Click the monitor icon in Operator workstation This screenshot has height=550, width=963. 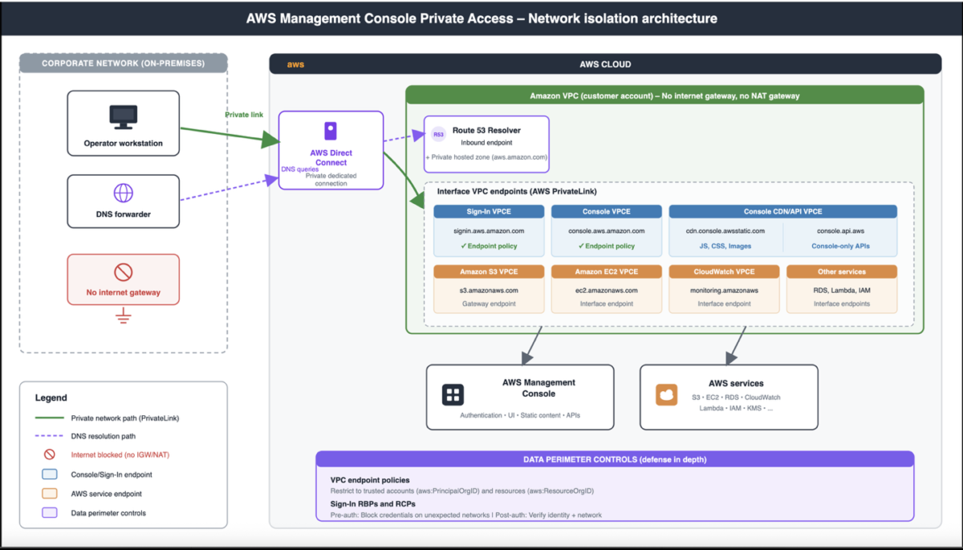point(124,117)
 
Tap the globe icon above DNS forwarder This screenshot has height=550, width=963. point(124,193)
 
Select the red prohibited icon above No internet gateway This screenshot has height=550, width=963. point(124,272)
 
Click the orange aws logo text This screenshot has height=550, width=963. point(295,64)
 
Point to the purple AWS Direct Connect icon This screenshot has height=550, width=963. point(331,131)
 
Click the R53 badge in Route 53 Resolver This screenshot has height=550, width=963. point(438,135)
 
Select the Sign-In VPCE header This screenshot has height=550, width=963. point(489,212)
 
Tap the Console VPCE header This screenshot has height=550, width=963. point(607,212)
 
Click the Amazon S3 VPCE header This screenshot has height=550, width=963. point(489,271)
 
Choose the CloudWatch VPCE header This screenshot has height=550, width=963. point(724,271)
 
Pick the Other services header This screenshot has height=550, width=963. point(842,271)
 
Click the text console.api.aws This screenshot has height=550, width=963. point(840,231)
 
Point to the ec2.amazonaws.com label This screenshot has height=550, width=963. point(607,291)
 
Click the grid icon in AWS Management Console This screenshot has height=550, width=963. point(453,395)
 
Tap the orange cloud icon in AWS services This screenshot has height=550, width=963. point(666,395)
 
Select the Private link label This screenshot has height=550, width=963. point(244,115)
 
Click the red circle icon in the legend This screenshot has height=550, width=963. point(50,454)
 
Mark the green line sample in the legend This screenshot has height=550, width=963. point(50,418)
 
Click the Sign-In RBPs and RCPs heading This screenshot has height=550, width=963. point(372,504)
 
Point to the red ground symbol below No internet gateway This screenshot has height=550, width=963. point(124,316)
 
